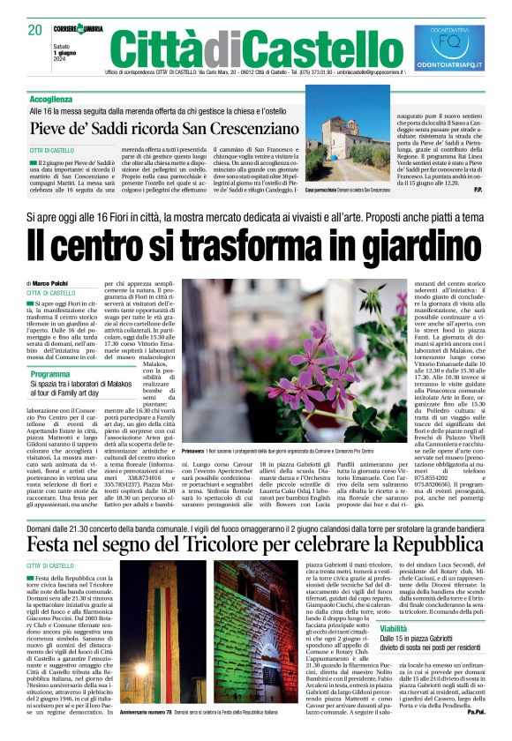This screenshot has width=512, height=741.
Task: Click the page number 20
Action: (35, 30)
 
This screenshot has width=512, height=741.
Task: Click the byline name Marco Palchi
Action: (53, 282)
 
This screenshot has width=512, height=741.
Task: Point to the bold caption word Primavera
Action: (194, 450)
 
